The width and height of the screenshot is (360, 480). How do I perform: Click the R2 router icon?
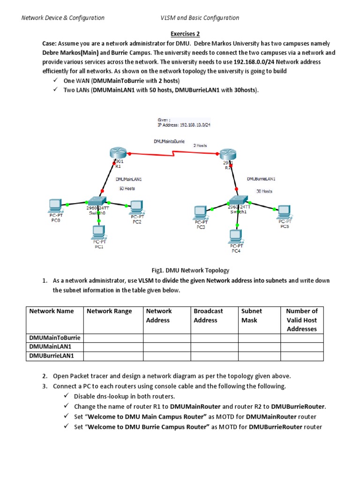click(227, 155)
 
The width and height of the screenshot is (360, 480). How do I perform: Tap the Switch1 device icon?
click(239, 199)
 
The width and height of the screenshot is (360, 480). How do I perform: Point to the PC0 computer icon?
click(55, 205)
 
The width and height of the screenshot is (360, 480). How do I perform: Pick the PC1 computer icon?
click(98, 231)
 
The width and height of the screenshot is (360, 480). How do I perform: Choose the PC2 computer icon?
click(136, 206)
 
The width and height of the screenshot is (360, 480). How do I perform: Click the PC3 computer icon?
click(200, 212)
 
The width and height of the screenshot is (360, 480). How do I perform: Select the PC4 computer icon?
click(236, 235)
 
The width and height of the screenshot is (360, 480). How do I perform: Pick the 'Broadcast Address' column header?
click(208, 315)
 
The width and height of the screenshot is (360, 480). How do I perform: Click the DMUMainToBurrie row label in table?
click(55, 337)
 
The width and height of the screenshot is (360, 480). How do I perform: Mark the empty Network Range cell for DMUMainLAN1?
click(113, 347)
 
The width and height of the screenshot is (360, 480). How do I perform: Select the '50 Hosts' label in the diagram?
click(127, 188)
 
